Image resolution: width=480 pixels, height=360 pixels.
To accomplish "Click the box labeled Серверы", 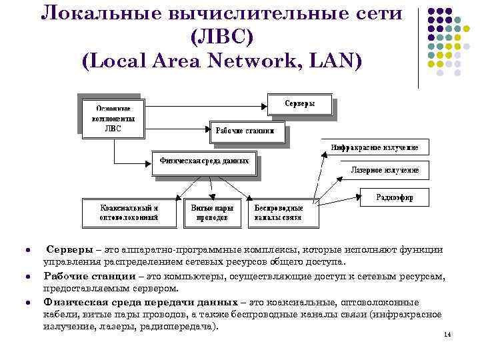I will point(299,105).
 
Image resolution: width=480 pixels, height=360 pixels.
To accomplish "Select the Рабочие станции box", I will point(247,131).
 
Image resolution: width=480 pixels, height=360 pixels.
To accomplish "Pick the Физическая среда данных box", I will point(205,161).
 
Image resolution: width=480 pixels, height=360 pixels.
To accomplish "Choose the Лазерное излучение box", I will point(385,171).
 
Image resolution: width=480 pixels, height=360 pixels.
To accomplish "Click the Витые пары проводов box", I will point(213,212).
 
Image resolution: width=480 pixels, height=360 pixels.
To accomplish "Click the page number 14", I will point(447,335).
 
